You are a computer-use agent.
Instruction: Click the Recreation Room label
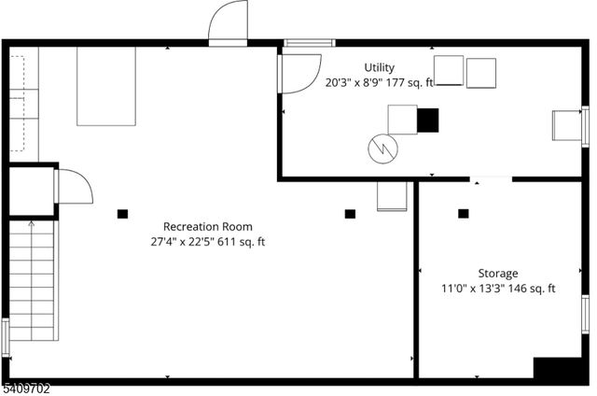click(207, 227)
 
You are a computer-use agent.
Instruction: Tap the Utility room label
click(380, 67)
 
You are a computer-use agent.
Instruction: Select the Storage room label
click(498, 274)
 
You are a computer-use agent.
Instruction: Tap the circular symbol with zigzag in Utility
click(382, 147)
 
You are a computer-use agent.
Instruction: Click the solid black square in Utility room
click(427, 120)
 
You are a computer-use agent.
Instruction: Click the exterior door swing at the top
click(228, 23)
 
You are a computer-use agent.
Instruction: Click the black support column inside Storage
click(464, 214)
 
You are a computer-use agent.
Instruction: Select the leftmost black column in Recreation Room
click(122, 214)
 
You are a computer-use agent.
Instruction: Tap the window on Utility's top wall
click(309, 43)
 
